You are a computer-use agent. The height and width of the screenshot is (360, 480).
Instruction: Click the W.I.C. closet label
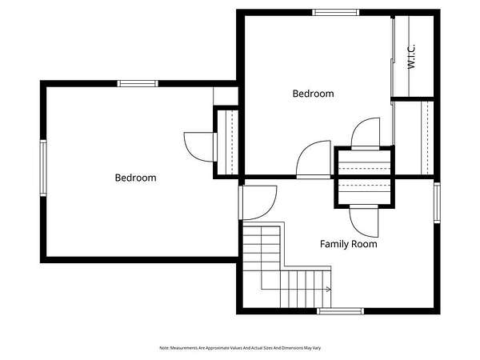pyautogui.click(x=412, y=56)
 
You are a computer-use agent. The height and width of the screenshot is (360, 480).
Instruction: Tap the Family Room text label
pyautogui.click(x=348, y=244)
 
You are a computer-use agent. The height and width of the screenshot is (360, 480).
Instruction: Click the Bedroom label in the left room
pyautogui.click(x=135, y=178)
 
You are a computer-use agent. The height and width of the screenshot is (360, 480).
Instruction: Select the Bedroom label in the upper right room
pyautogui.click(x=313, y=94)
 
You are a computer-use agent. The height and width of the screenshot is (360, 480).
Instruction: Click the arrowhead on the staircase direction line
pyautogui.click(x=329, y=289)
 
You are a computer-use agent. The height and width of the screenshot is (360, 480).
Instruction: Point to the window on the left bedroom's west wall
pyautogui.click(x=43, y=168)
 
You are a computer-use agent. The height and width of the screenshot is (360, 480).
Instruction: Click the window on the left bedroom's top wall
pyautogui.click(x=138, y=83)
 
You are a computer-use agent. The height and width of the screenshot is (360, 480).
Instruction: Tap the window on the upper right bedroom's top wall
pyautogui.click(x=336, y=13)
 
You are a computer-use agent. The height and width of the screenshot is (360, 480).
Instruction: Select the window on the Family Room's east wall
pyautogui.click(x=437, y=202)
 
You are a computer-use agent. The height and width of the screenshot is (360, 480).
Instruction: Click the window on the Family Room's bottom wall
pyautogui.click(x=341, y=311)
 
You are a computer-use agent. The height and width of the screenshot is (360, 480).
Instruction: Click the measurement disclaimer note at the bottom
pyautogui.click(x=240, y=348)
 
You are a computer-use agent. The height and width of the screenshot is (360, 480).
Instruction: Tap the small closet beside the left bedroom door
pyautogui.click(x=227, y=142)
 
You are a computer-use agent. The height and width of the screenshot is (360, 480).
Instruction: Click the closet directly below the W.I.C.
pyautogui.click(x=414, y=138)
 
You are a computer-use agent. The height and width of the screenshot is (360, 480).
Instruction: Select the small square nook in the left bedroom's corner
pyautogui.click(x=226, y=96)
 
